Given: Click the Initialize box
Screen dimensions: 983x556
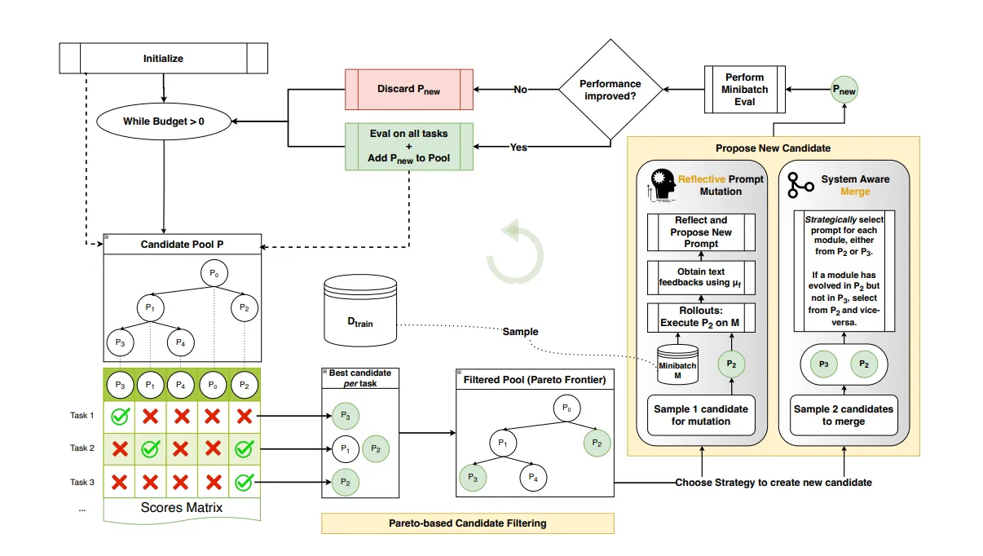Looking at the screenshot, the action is click(163, 59).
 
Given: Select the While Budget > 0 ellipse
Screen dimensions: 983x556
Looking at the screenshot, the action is click(164, 121).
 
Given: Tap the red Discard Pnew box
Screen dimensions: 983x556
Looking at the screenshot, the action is click(409, 89).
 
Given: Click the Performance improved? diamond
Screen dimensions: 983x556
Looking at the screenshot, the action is click(611, 90).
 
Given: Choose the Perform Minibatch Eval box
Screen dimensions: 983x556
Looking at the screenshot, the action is click(745, 90).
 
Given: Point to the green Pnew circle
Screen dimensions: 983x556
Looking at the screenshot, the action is click(844, 90).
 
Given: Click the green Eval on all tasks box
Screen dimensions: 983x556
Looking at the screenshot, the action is click(409, 146).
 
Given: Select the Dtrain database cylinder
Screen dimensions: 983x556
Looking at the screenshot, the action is click(360, 311).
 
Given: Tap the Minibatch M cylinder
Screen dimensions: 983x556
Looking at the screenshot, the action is click(677, 364).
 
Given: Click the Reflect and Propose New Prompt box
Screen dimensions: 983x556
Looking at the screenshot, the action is click(701, 232).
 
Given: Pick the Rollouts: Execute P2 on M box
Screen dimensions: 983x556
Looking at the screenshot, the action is click(701, 317).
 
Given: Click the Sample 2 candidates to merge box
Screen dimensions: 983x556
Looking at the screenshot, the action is click(844, 415).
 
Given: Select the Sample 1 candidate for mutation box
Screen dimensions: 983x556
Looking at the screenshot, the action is click(701, 415).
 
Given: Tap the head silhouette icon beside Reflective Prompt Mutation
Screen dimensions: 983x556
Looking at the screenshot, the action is click(662, 185).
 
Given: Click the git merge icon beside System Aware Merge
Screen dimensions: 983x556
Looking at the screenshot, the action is click(800, 185).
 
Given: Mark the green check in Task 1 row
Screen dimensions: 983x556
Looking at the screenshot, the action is click(120, 416).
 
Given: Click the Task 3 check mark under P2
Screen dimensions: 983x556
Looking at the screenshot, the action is click(244, 483).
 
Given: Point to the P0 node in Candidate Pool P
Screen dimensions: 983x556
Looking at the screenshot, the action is click(214, 273).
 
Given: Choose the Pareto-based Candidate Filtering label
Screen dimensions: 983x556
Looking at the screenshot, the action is click(468, 523).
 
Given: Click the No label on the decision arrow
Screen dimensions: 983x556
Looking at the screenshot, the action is click(521, 90).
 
